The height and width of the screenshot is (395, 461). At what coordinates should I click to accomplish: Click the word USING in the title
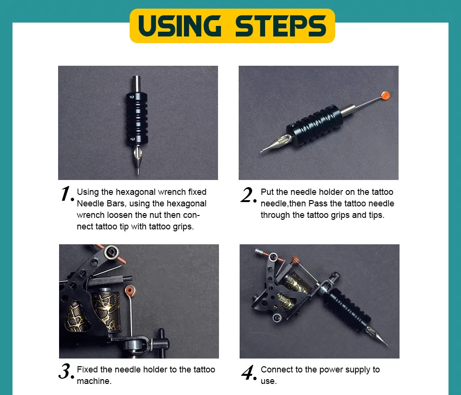tap(179, 25)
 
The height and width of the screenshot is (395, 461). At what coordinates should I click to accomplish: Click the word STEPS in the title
tap(281, 25)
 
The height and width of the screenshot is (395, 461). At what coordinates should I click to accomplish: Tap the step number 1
tap(67, 194)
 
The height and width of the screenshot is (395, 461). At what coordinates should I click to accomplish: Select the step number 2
tap(248, 194)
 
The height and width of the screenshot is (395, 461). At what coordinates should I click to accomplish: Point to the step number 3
tap(66, 371)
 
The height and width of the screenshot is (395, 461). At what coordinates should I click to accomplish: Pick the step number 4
tap(249, 372)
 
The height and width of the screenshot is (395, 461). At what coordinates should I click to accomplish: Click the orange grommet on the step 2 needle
tap(385, 96)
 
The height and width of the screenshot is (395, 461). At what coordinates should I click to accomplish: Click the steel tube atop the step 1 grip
tap(136, 84)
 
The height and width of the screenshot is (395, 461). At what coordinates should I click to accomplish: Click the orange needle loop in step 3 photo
tap(130, 291)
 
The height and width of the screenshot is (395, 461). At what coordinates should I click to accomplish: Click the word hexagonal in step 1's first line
tap(135, 192)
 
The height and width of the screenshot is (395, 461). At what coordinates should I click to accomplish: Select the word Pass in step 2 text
tap(317, 203)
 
